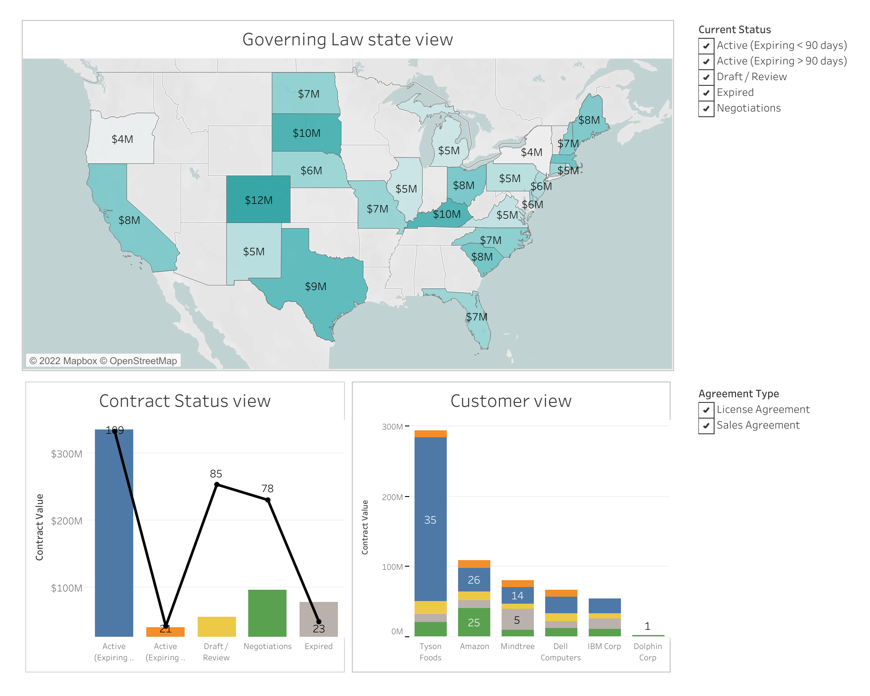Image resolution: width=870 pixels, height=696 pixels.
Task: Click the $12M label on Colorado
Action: pyautogui.click(x=259, y=200)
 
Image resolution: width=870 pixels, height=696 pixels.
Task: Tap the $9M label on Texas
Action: pyautogui.click(x=316, y=287)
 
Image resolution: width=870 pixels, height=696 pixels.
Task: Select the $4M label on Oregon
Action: pyautogui.click(x=122, y=139)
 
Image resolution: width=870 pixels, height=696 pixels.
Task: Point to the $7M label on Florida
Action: pyautogui.click(x=477, y=317)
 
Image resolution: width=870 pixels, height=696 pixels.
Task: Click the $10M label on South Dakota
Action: pyautogui.click(x=307, y=133)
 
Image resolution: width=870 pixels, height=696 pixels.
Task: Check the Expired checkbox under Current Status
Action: pyautogui.click(x=706, y=93)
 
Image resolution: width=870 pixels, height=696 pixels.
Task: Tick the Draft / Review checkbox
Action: pyautogui.click(x=706, y=77)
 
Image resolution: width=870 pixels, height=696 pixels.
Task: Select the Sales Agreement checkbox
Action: pyautogui.click(x=706, y=426)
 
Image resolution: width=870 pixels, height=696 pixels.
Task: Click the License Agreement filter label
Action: pyautogui.click(x=763, y=409)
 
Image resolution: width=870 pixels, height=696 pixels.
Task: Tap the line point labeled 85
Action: pyautogui.click(x=217, y=485)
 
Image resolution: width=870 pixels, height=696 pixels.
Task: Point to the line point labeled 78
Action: pyautogui.click(x=268, y=500)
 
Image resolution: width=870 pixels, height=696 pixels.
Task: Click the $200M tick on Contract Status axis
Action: pyautogui.click(x=67, y=521)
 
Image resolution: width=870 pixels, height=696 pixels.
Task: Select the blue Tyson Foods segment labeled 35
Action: pyautogui.click(x=430, y=520)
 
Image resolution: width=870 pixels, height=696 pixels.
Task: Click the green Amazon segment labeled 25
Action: pyautogui.click(x=474, y=622)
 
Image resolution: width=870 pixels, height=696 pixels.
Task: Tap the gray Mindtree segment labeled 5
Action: pyautogui.click(x=517, y=620)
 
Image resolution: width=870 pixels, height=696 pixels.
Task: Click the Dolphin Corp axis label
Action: pyautogui.click(x=647, y=652)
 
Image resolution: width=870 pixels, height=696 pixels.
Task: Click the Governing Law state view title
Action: pyautogui.click(x=347, y=40)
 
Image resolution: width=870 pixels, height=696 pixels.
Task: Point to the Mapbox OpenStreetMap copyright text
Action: pyautogui.click(x=103, y=361)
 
